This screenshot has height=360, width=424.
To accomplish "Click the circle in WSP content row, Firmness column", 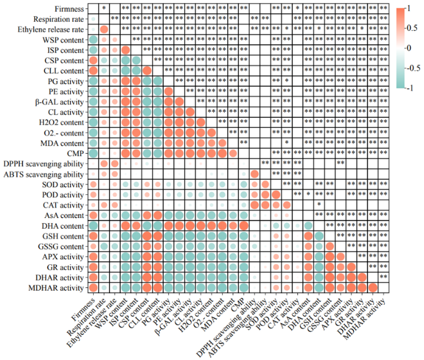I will click(x=93, y=40).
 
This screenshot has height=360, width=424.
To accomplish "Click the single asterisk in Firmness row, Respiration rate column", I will click(x=104, y=8).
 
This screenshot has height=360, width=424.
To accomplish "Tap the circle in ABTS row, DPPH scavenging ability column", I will click(x=254, y=174).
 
